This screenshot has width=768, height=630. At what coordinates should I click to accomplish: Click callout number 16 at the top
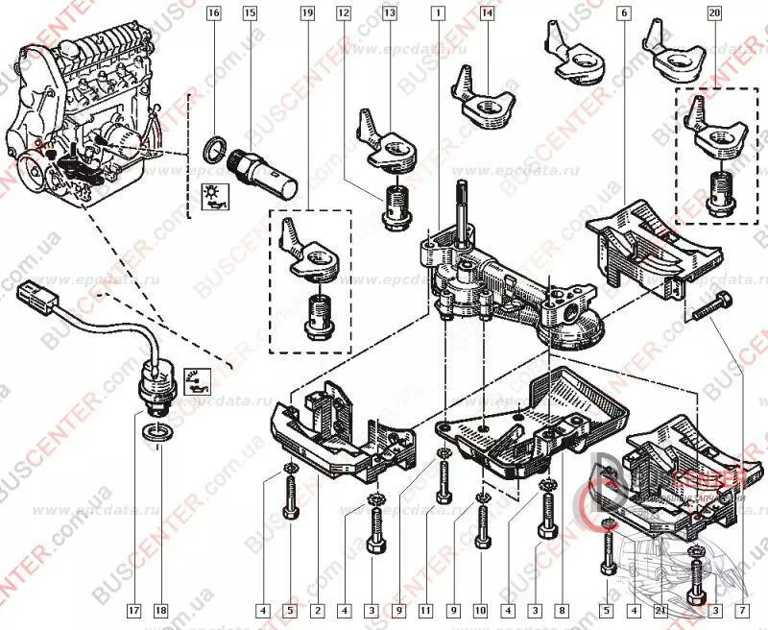pyautogui.click(x=213, y=13)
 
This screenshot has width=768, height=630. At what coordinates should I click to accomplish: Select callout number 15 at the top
pyautogui.click(x=250, y=13)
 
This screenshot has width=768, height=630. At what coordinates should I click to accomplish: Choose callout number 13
pyautogui.click(x=389, y=13)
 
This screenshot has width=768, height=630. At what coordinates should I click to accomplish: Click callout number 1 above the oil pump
pyautogui.click(x=438, y=13)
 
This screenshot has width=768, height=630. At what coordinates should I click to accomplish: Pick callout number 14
pyautogui.click(x=488, y=13)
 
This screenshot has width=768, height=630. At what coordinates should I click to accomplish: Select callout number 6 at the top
pyautogui.click(x=625, y=13)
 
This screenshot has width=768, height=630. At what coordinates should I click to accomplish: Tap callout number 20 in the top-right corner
pyautogui.click(x=714, y=13)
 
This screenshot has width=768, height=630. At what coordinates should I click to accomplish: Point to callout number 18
pyautogui.click(x=160, y=609)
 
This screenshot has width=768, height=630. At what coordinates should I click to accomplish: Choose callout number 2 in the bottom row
pyautogui.click(x=317, y=609)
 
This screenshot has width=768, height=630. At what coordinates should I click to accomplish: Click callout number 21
pyautogui.click(x=661, y=609)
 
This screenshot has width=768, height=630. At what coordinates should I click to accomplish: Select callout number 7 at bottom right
pyautogui.click(x=743, y=609)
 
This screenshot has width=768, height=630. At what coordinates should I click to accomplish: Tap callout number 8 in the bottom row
pyautogui.click(x=563, y=609)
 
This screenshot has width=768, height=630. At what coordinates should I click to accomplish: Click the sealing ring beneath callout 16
pyautogui.click(x=217, y=149)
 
